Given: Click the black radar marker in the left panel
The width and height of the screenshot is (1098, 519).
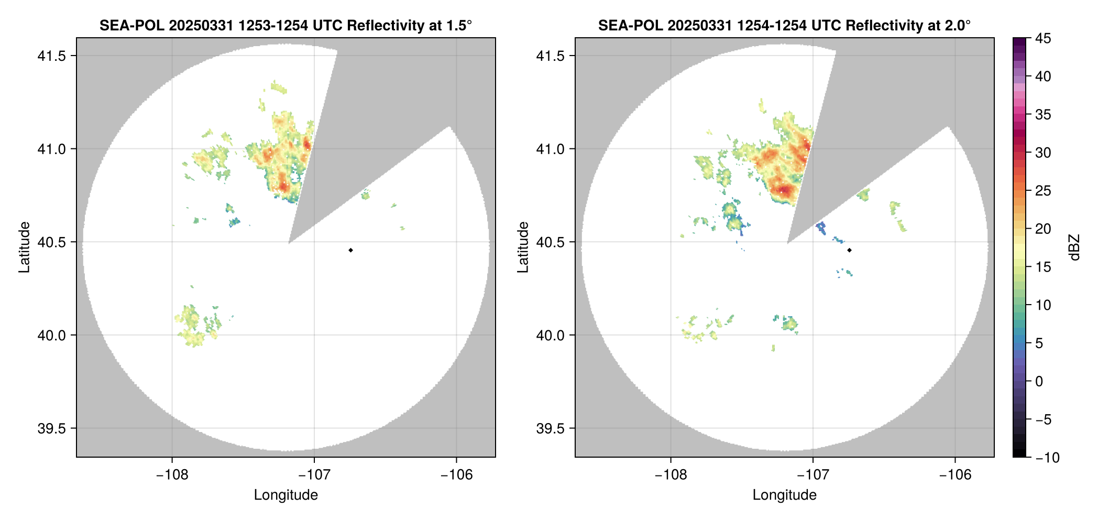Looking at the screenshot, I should [x=350, y=250].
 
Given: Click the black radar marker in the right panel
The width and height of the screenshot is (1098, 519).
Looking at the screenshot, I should [x=849, y=250].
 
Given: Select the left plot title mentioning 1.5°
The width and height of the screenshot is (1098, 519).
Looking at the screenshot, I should [x=286, y=25].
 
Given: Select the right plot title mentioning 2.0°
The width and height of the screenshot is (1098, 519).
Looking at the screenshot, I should [x=784, y=25].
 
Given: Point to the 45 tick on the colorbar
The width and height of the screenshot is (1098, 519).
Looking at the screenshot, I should [x=1042, y=38].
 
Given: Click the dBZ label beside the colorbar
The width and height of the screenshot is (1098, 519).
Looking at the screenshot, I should [x=1074, y=247].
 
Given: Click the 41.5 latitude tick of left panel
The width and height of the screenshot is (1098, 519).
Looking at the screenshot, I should [x=51, y=56].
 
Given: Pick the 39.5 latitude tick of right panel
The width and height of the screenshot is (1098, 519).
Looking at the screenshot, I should [x=550, y=428].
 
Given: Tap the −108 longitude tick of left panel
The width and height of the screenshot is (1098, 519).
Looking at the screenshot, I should [x=172, y=475].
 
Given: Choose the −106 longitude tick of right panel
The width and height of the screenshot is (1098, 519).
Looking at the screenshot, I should [x=955, y=475].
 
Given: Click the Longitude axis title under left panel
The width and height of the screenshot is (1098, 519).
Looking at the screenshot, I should [x=286, y=495].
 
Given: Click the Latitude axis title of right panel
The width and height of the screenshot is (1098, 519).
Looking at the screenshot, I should [x=523, y=247].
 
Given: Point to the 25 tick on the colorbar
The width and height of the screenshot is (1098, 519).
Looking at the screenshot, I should [x=1042, y=191].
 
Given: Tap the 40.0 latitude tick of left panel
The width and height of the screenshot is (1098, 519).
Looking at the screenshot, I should [x=51, y=336].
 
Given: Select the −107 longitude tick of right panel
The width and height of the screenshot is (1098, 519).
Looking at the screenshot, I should [x=812, y=475].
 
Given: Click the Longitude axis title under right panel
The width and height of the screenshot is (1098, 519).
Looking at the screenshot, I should [x=784, y=495].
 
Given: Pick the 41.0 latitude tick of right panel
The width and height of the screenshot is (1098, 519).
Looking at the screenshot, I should [x=550, y=149].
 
